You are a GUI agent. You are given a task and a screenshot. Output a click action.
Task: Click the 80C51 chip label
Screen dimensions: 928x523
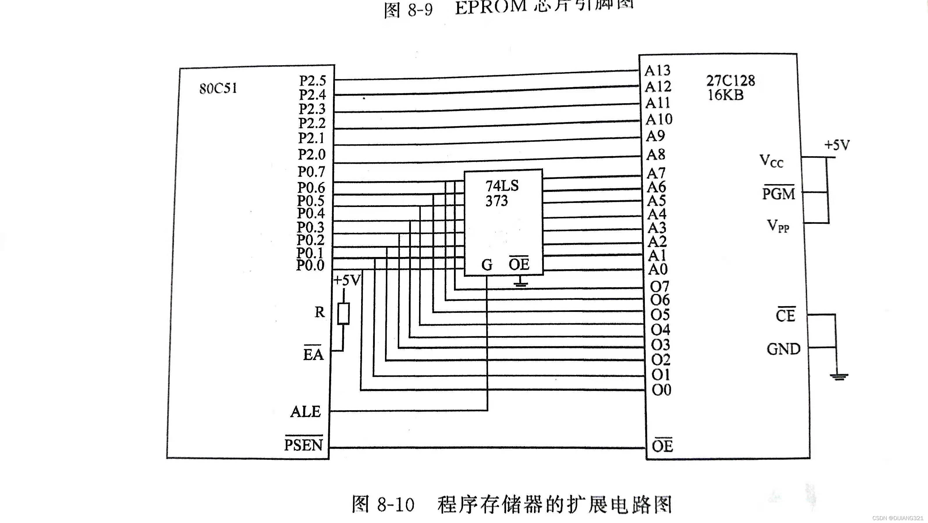[218, 88]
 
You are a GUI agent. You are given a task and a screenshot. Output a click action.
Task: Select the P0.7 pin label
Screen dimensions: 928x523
[311, 172]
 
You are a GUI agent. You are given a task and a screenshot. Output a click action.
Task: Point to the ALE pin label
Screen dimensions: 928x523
[306, 411]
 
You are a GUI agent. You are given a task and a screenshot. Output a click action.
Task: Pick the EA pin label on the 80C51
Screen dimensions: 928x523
[313, 354]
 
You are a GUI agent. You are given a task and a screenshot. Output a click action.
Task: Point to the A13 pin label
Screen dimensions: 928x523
[657, 71]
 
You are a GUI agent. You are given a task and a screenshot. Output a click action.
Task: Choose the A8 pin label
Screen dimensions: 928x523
[656, 155]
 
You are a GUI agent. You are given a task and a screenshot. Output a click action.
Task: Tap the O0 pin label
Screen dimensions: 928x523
[661, 390]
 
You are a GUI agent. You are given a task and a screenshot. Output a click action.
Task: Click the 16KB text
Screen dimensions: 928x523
[725, 95]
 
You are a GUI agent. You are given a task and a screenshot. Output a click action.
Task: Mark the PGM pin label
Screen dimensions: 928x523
[778, 194]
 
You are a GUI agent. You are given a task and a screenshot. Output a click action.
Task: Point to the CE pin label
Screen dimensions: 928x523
[785, 315]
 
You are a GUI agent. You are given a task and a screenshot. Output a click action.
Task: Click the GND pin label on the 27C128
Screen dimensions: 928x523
[783, 349]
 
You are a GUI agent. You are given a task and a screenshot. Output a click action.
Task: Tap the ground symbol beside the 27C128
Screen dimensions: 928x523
[839, 376]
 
